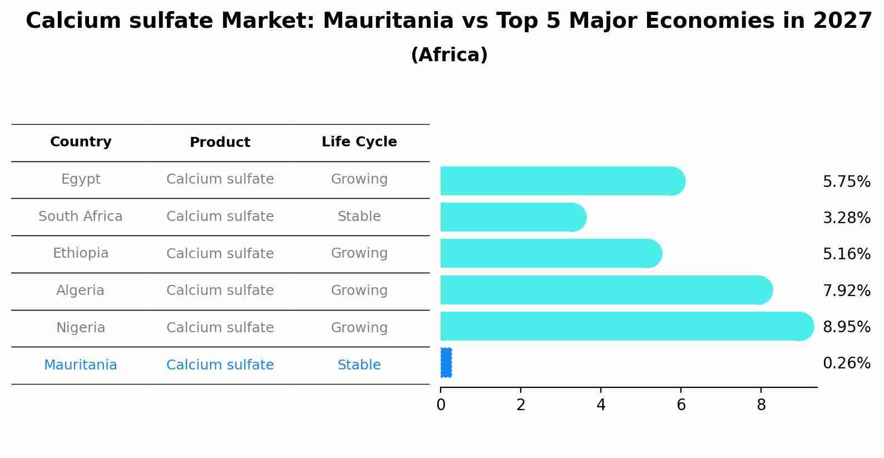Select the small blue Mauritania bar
tap(446, 363)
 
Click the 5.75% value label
tap(846, 182)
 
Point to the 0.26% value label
tap(846, 363)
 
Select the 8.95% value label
tap(846, 327)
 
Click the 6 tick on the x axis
tap(681, 405)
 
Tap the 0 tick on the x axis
tap(441, 405)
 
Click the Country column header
tap(81, 142)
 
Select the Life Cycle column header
tap(359, 142)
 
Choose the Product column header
tap(220, 142)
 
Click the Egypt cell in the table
tap(81, 179)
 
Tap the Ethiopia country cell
tap(81, 253)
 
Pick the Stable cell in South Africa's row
tap(359, 216)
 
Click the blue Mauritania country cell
tap(81, 365)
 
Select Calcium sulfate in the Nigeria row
tap(220, 328)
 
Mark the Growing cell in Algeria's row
tap(359, 290)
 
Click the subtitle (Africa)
tap(449, 55)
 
